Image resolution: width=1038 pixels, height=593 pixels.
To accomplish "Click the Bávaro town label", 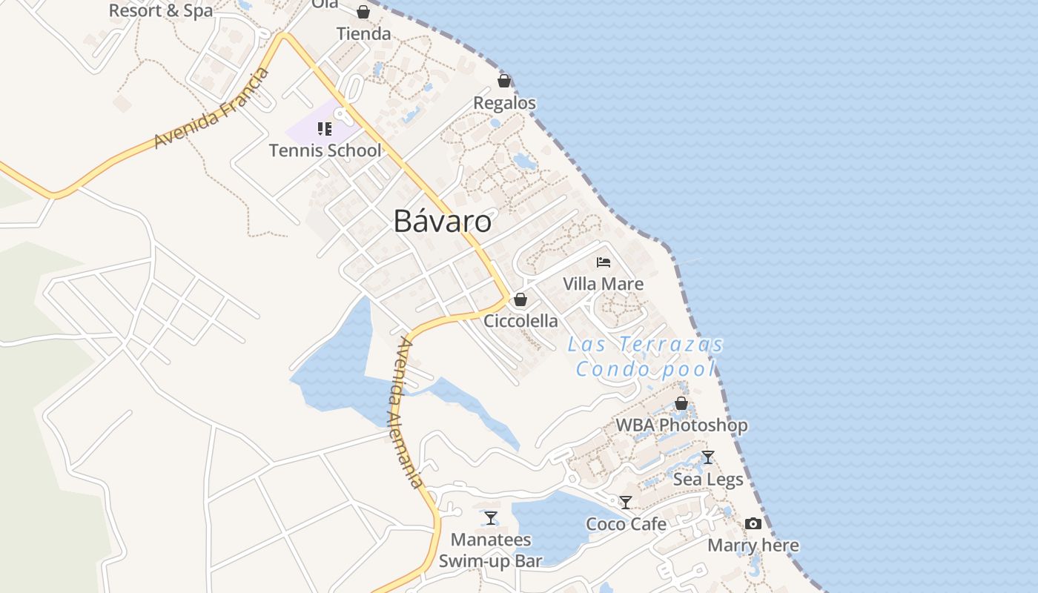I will (442, 221).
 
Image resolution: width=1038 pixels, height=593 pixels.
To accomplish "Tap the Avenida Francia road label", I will (212, 108).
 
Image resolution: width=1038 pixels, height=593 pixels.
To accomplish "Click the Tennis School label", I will (325, 150).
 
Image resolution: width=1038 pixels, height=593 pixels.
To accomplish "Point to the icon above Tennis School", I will (324, 129).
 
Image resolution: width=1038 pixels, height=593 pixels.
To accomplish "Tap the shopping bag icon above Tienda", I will (363, 12).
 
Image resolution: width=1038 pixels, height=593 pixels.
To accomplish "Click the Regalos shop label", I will (504, 103).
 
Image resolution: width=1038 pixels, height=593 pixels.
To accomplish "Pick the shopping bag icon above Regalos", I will (504, 80).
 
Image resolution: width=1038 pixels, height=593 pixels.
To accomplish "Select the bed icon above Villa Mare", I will (604, 262).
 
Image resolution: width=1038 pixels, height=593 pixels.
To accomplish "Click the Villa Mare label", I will (603, 284).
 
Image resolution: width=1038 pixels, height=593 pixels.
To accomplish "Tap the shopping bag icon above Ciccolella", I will (520, 299).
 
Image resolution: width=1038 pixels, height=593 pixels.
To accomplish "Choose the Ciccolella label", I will (520, 321).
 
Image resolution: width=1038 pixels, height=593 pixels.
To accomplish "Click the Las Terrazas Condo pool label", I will (646, 357).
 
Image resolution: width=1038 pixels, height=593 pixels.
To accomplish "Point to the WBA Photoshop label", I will (681, 425).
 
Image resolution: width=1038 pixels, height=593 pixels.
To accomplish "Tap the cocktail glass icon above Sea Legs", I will (708, 457).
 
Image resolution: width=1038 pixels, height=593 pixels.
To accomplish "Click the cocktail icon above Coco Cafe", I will (626, 503).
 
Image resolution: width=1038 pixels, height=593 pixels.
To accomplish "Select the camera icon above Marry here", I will (753, 524).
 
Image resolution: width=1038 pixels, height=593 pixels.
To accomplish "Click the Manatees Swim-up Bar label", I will (491, 550).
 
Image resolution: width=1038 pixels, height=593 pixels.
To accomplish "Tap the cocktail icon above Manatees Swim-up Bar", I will (490, 517).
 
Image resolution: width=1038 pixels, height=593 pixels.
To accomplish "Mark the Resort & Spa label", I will (160, 10).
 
